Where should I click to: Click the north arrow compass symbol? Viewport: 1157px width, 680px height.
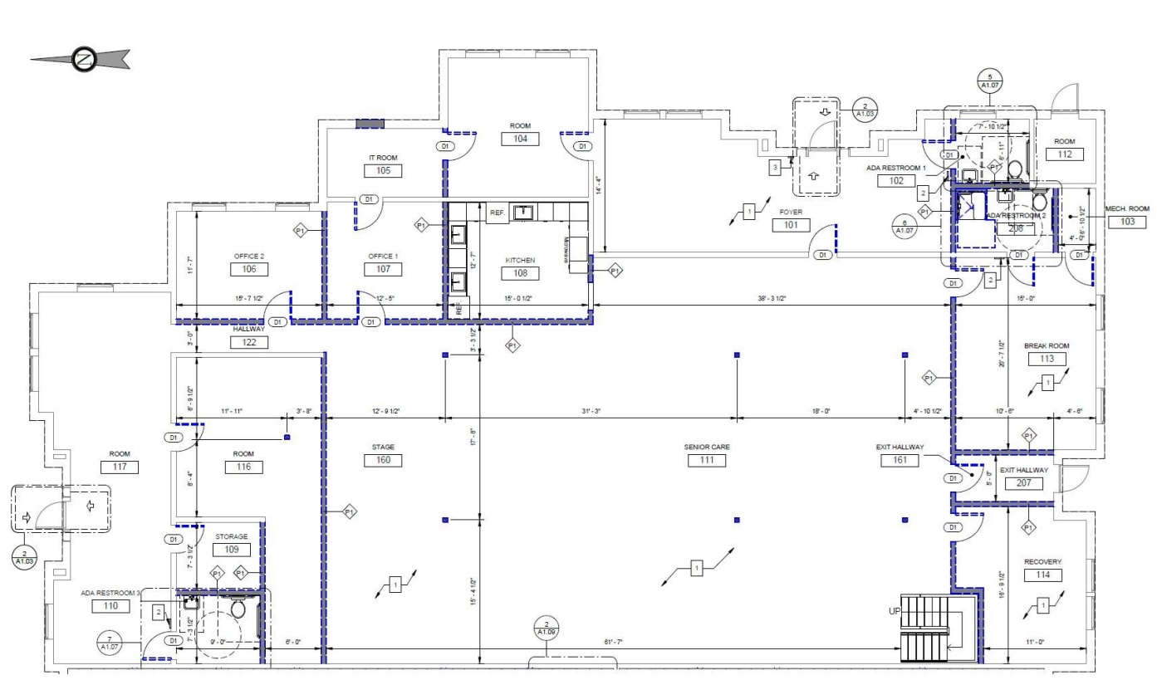81,59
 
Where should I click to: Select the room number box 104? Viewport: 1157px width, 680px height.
519,139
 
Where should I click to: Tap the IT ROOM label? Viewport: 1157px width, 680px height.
383,157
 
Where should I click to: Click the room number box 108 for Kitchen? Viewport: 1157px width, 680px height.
520,273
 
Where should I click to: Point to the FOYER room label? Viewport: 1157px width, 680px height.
789,213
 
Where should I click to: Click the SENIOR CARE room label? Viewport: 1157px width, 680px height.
707,447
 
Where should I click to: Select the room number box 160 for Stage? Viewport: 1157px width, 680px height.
383,460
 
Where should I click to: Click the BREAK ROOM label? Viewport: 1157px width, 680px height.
1047,345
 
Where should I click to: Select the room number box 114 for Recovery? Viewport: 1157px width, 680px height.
1042,575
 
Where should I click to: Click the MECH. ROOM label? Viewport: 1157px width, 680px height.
1126,208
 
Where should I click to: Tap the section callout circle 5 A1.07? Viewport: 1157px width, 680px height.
988,80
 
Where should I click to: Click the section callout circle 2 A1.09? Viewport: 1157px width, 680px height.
546,628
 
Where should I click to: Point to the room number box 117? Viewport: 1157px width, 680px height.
120,467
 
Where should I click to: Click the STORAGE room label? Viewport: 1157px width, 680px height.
232,536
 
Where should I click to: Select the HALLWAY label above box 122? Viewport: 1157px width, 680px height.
248,329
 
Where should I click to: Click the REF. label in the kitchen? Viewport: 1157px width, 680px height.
498,213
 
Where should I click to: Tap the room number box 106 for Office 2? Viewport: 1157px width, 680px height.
248,269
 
